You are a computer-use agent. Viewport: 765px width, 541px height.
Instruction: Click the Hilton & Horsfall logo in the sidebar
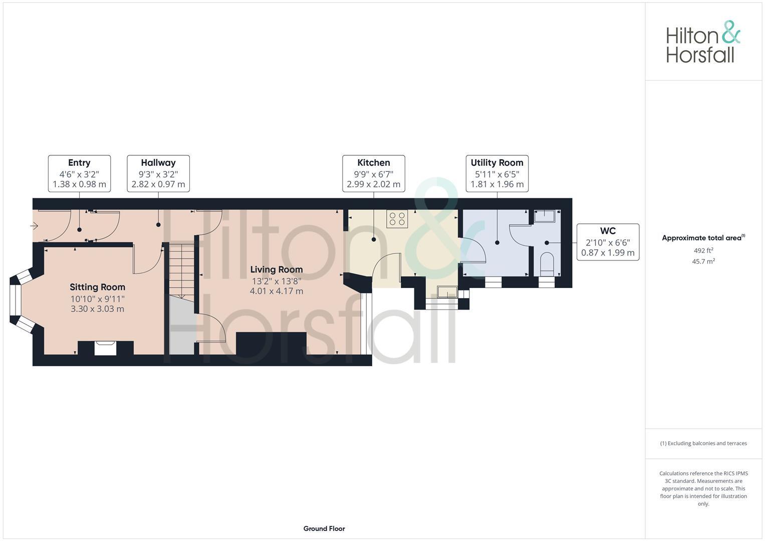tap(702, 42)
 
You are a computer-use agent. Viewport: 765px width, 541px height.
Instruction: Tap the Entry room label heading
tap(79, 163)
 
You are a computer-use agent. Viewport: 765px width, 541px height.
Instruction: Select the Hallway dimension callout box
tap(158, 173)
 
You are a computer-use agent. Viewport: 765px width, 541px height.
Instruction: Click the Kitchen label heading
tap(374, 163)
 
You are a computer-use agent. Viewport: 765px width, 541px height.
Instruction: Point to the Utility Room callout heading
tap(497, 163)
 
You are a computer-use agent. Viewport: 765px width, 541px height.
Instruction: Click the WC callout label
tap(608, 231)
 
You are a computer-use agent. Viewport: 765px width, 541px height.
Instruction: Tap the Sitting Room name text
tap(97, 287)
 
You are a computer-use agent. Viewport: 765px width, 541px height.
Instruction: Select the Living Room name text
tap(277, 269)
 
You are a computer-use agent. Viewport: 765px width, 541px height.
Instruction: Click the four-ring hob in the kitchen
tap(397, 219)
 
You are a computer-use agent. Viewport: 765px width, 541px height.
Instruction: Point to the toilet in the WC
tap(547, 263)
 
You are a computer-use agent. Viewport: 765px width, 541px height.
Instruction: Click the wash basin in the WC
tap(545, 216)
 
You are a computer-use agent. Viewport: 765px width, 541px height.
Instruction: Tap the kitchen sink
tap(446, 292)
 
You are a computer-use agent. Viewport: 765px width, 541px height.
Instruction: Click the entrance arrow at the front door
tap(35, 226)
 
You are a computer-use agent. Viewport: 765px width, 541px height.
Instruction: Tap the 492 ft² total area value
tap(703, 250)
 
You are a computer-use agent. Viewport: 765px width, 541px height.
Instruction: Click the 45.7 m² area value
tap(703, 261)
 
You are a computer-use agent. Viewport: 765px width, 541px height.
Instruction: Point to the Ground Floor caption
tap(324, 528)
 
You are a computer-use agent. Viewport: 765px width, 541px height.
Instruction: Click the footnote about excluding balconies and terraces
tap(703, 443)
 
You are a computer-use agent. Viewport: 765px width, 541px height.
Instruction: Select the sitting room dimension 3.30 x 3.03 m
tap(97, 309)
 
